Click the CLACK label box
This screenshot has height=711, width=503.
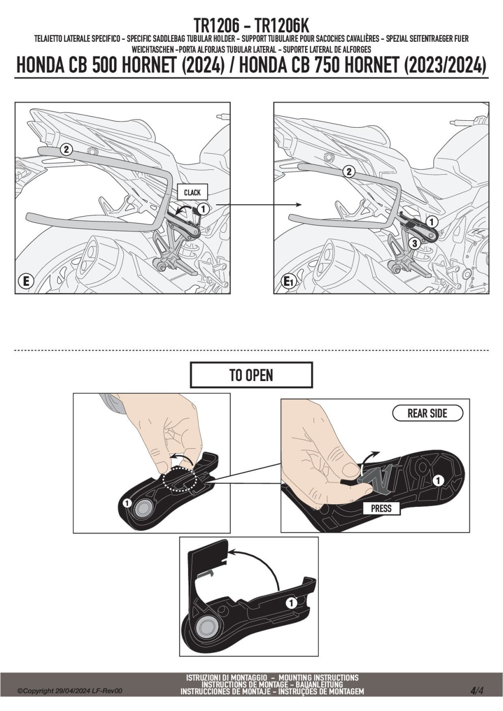(x=192, y=192)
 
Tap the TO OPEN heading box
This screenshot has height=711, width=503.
(x=251, y=375)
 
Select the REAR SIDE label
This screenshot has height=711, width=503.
(x=427, y=413)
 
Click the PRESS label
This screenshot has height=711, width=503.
(x=381, y=509)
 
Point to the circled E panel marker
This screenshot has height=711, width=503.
(x=26, y=281)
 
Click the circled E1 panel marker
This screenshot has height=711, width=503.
(x=287, y=281)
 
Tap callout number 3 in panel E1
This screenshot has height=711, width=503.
(x=415, y=244)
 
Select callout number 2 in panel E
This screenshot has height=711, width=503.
(x=66, y=149)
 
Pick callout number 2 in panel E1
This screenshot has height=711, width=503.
(x=349, y=172)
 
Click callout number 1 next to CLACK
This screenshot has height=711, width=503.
(x=203, y=209)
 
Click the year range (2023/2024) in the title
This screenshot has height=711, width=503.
(x=446, y=65)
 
